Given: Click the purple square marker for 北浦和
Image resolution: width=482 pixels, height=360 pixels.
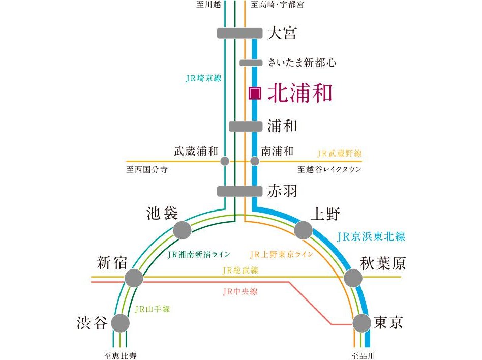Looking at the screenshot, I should click(x=255, y=93).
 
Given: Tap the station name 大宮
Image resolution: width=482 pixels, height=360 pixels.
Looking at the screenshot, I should click(x=282, y=34).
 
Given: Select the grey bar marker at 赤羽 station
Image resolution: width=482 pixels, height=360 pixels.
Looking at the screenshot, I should click(x=239, y=191).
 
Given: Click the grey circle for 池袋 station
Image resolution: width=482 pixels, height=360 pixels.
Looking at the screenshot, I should click(x=182, y=230).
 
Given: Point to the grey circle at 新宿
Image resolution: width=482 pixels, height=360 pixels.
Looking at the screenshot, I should click(x=134, y=278).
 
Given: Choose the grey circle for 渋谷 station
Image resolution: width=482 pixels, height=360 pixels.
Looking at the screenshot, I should click(x=120, y=323).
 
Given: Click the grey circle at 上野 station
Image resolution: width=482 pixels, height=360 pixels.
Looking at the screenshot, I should click(x=304, y=230).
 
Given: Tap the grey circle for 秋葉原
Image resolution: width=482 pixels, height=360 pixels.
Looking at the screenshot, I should click(x=353, y=278).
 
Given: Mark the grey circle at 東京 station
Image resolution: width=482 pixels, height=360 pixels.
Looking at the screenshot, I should click(x=362, y=323).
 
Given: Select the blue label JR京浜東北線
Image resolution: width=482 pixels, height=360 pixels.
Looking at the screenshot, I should click(x=371, y=236).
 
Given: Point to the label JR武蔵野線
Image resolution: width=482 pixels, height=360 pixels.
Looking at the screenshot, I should click(x=340, y=153).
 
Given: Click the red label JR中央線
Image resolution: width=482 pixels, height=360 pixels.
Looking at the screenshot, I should click(x=240, y=291).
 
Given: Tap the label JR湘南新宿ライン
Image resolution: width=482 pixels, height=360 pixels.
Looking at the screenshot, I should click(x=198, y=254).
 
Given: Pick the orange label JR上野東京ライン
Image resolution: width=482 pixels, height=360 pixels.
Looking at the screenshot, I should click(x=281, y=254).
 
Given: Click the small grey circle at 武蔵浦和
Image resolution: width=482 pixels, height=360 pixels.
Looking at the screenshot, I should click(x=225, y=161).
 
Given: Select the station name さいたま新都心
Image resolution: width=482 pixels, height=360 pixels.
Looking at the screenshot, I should click(x=302, y=63).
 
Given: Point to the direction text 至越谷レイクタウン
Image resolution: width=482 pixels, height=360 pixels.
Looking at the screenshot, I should click(x=329, y=169).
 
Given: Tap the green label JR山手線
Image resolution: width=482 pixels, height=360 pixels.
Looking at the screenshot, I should click(x=153, y=309).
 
